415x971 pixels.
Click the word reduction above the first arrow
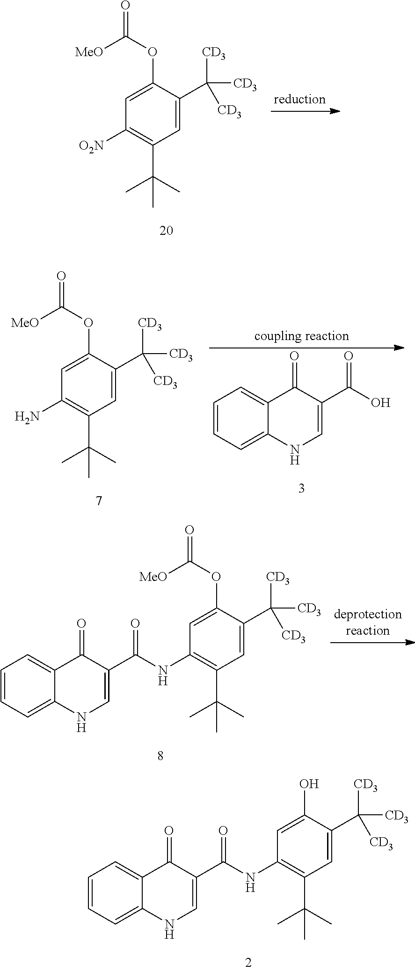[299, 99]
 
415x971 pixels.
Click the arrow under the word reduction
[305, 111]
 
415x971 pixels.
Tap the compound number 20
[166, 231]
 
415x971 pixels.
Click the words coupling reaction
[301, 336]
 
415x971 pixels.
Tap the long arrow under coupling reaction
[306, 348]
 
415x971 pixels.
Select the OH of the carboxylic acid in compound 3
[380, 402]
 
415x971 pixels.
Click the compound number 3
[301, 489]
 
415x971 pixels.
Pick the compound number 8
[160, 756]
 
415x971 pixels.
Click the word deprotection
[368, 614]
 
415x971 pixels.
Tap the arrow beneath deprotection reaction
[372, 643]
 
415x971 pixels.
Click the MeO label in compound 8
[153, 577]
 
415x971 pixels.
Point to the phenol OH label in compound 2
[309, 783]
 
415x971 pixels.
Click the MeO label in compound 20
[89, 51]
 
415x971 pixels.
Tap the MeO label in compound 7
[25, 323]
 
